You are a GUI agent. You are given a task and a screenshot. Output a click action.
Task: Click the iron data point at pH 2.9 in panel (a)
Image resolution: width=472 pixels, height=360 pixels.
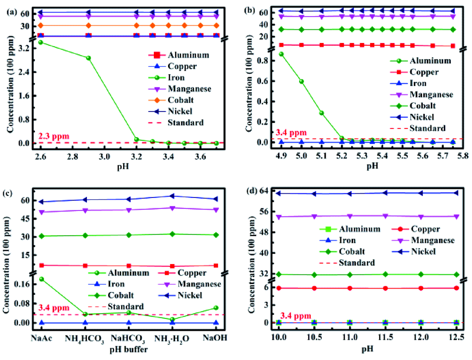coord(88,58)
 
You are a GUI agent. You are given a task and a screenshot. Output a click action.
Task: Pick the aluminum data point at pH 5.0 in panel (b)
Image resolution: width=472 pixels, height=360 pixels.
coord(301,81)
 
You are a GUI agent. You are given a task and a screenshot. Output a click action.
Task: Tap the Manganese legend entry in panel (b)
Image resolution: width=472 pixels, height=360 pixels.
coord(431,94)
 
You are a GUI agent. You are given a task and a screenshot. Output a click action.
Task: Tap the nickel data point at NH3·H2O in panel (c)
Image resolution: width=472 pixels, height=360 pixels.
coord(171,196)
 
